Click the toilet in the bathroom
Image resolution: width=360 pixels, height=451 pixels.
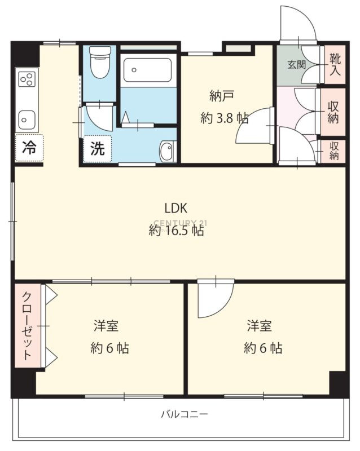point(100,62)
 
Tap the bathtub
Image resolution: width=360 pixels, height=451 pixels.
point(148,70)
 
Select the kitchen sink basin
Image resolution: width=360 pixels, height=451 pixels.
point(27,120)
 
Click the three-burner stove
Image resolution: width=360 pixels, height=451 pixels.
point(27,79)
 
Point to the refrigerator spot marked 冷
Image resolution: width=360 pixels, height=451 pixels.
point(29,148)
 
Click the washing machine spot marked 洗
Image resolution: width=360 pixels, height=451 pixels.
point(98,149)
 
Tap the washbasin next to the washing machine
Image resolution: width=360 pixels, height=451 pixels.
point(168,151)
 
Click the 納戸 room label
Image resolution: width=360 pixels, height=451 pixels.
point(221,96)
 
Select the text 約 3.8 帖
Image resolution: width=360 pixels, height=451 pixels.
point(225,118)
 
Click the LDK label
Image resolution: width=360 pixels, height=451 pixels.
point(176,208)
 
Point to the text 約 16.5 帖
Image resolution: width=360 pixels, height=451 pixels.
point(177,230)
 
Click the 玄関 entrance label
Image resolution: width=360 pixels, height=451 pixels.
point(296,64)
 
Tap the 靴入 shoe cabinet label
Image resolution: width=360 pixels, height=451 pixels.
point(335,65)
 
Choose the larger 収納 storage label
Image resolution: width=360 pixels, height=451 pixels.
point(333,112)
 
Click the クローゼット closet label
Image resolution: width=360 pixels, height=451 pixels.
point(27,326)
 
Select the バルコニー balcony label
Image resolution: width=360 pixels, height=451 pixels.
point(185,414)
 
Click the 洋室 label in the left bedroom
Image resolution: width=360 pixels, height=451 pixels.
point(106,326)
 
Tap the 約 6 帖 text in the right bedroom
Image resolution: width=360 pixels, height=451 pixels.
point(263,348)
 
